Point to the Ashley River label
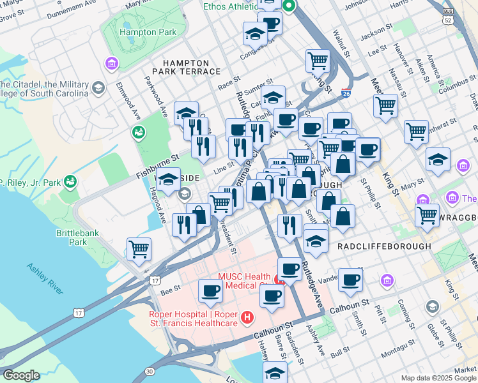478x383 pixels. coord(45,278)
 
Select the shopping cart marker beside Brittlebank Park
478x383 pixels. coord(139,249)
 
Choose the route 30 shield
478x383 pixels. coord(150,371)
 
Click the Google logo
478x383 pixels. coord(21,375)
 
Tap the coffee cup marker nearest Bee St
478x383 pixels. coord(210,291)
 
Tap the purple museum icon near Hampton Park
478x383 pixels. coord(112,64)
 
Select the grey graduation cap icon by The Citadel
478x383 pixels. coord(98,87)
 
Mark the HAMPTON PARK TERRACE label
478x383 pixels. coord(185,67)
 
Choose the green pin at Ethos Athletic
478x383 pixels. coord(288,7)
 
